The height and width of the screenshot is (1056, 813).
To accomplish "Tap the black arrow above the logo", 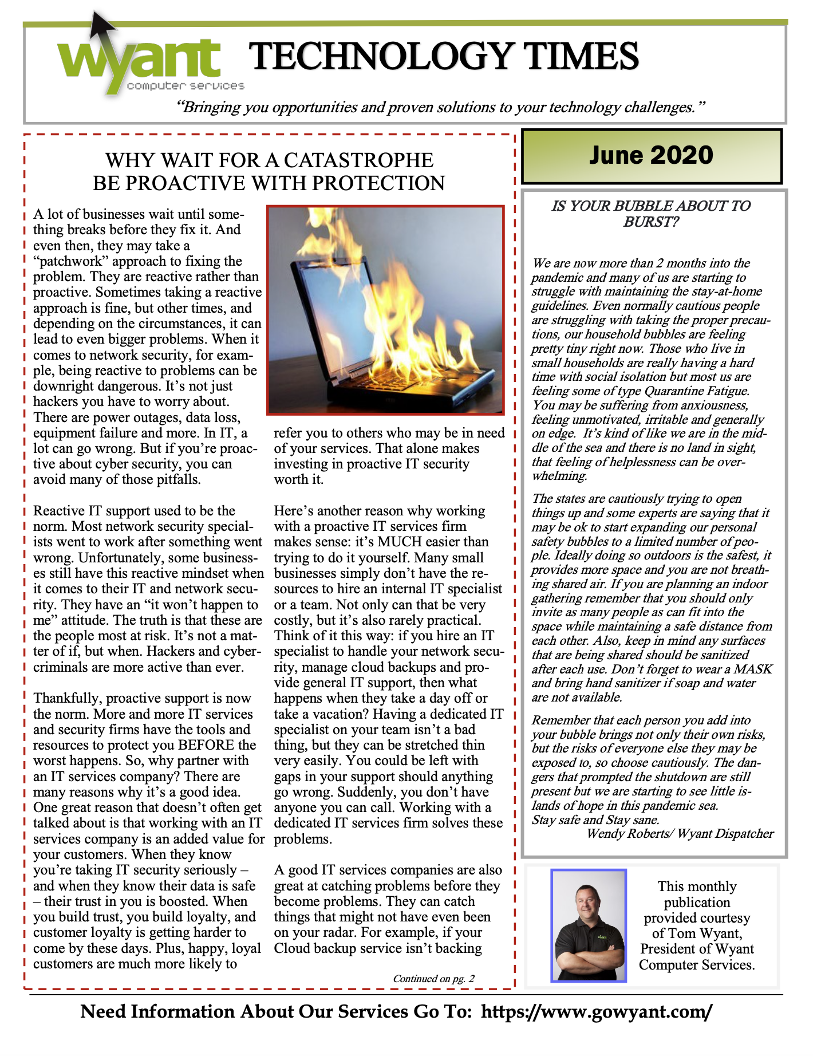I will (x=101, y=26).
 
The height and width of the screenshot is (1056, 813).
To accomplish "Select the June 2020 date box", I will (x=651, y=156).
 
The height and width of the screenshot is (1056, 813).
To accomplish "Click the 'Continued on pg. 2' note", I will (x=433, y=979).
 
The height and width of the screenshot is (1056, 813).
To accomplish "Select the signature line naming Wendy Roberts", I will (x=680, y=834).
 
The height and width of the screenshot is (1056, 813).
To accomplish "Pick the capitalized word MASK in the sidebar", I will (x=753, y=669).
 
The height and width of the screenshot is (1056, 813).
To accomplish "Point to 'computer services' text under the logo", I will (x=186, y=86).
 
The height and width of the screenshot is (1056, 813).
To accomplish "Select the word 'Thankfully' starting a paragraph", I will (x=68, y=698).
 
